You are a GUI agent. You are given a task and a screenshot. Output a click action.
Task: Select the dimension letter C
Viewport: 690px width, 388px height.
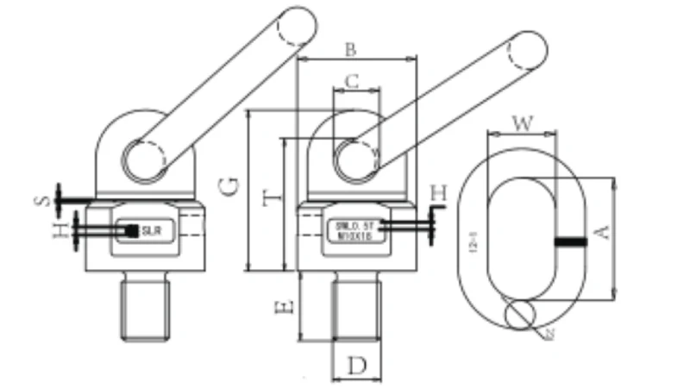click(351, 81)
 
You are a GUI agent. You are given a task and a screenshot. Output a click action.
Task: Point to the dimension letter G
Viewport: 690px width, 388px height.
click(229, 185)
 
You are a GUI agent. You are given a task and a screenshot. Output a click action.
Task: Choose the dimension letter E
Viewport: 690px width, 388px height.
click(291, 305)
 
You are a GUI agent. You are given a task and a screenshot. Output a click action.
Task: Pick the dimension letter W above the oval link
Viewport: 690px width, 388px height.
click(522, 123)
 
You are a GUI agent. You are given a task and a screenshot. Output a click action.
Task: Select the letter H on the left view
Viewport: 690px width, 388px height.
click(60, 231)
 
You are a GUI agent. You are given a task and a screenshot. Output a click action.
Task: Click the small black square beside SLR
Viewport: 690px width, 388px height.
click(132, 230)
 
